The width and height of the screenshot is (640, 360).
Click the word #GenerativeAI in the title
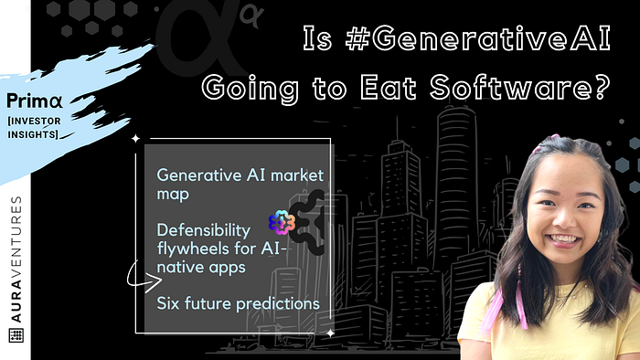(477, 37)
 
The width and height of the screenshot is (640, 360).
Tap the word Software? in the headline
(520, 87)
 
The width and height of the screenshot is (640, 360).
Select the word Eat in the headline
(389, 88)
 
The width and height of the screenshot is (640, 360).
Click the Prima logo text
(35, 101)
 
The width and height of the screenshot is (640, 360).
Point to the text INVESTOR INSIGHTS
(34, 128)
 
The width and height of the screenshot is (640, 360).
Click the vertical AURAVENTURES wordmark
(16, 259)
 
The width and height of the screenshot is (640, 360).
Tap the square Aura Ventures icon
(16, 335)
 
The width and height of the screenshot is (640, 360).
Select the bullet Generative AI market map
(240, 185)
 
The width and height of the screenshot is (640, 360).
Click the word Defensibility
(203, 230)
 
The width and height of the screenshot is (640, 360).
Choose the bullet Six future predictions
(238, 303)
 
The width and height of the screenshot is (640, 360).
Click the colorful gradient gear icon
(282, 223)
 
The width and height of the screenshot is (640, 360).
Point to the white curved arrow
(144, 278)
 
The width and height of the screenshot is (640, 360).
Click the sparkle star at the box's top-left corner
(135, 139)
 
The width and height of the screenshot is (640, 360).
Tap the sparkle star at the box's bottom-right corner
(330, 334)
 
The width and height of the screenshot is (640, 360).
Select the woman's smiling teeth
(564, 238)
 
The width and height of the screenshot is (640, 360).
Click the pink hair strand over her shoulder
(518, 299)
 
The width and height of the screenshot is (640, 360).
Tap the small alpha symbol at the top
(251, 16)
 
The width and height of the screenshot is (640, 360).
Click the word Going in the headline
(251, 89)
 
